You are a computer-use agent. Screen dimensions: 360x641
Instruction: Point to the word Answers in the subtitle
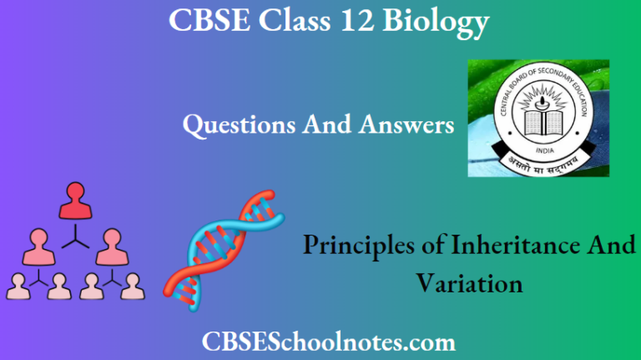(406, 124)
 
